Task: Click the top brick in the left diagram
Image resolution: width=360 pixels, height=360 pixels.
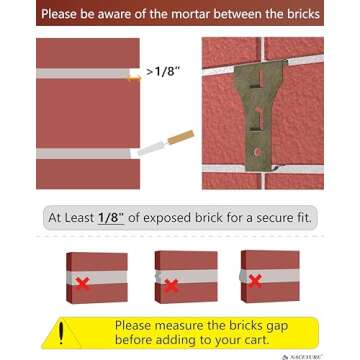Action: (88, 54)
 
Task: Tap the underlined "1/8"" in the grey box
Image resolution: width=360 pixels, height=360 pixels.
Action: (118, 217)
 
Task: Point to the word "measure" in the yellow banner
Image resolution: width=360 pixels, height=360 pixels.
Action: (185, 325)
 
